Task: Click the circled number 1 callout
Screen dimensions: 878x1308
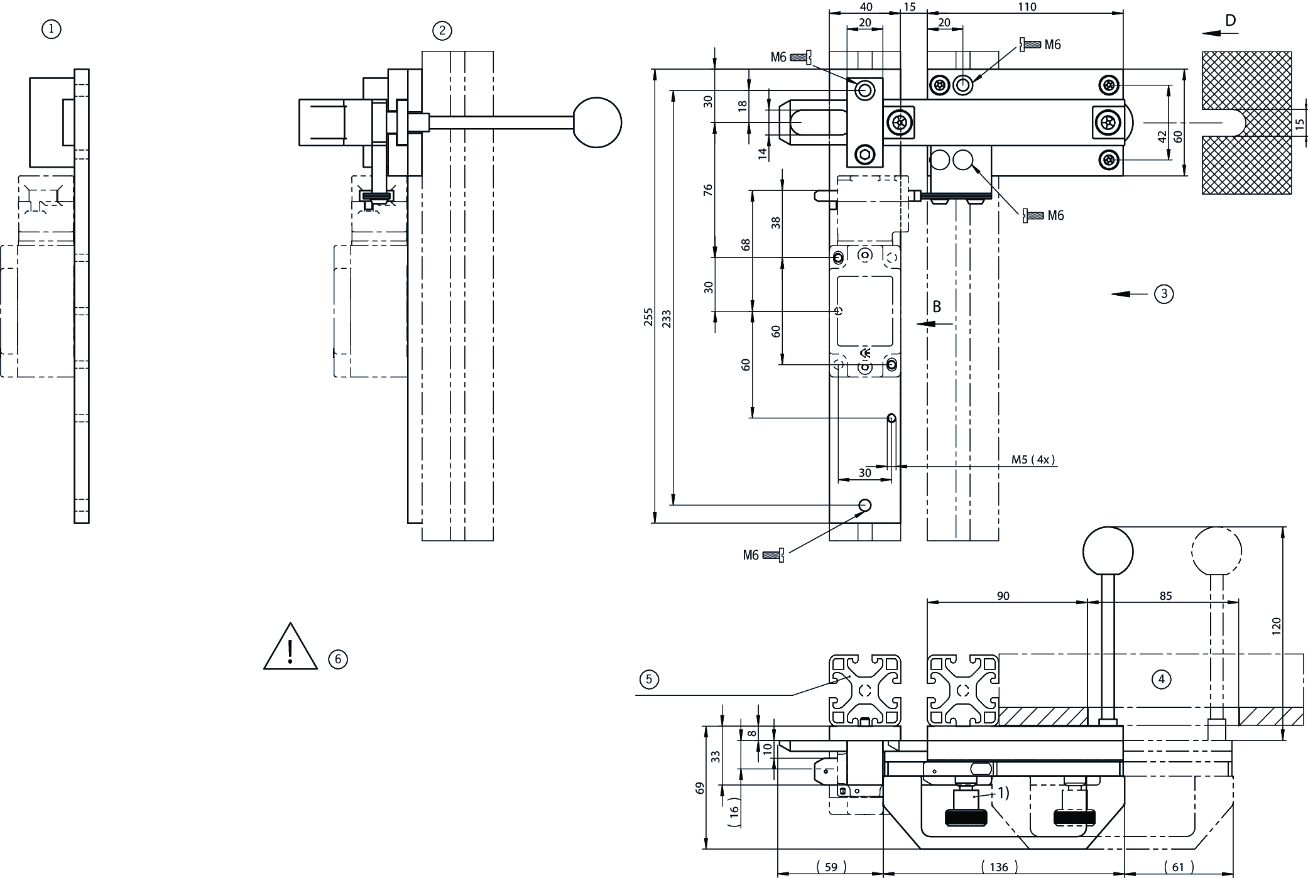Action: tap(52, 29)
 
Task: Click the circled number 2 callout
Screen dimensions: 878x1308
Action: tap(442, 31)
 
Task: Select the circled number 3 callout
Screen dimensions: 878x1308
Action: tap(1164, 293)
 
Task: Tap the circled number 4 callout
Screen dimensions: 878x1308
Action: tap(1161, 679)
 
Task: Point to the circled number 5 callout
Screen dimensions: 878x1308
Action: tap(649, 679)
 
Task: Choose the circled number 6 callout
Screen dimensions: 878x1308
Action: tap(338, 659)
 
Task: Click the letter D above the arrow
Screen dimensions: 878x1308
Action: tap(1230, 21)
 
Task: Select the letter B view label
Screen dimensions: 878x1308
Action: tap(937, 306)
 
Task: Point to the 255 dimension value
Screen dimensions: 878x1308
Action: tap(648, 317)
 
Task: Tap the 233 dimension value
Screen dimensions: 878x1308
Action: tap(666, 318)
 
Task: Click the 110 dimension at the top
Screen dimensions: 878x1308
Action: tap(1026, 7)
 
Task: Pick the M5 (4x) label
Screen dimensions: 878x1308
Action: tap(1033, 460)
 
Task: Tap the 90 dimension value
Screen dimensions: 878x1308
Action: tap(1003, 596)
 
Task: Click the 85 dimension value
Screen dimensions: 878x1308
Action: tap(1165, 596)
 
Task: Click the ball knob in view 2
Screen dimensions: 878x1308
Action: tap(596, 122)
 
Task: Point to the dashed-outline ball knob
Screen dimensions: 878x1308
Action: tap(1216, 551)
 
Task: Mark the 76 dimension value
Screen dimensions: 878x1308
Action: tap(708, 190)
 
